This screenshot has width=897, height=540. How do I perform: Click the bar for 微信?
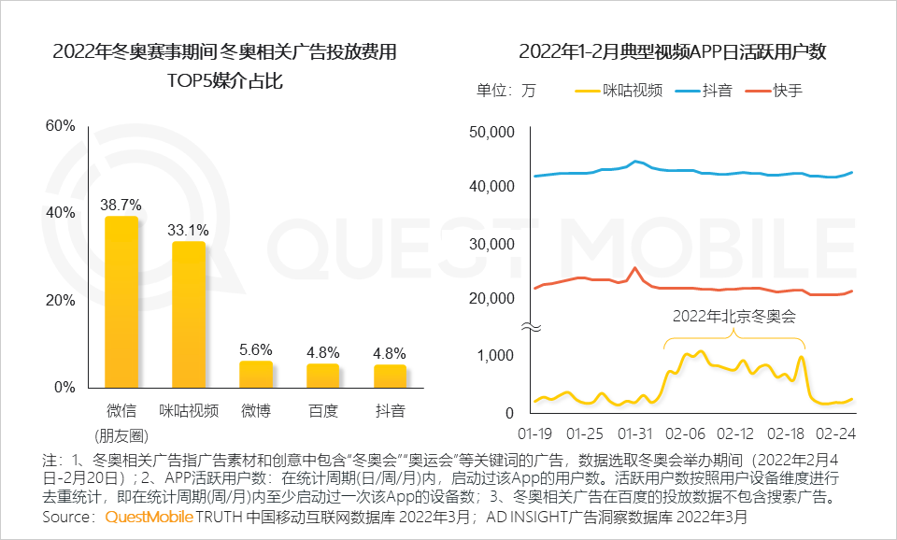tap(121, 302)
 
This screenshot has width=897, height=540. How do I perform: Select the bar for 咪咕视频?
tap(189, 314)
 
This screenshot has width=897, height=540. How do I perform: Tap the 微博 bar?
tap(256, 374)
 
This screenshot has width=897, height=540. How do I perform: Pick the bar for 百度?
tap(323, 376)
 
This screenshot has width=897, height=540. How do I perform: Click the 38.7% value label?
tap(121, 203)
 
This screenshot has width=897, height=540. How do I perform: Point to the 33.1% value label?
tap(189, 228)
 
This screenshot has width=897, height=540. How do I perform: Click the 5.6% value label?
tap(256, 348)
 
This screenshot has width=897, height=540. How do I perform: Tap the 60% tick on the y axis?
tap(61, 126)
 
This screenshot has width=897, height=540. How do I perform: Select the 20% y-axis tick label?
tap(61, 300)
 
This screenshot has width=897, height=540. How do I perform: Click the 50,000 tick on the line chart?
tap(490, 132)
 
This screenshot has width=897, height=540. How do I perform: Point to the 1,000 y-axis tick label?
tap(495, 355)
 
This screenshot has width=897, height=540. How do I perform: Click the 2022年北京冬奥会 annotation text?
tap(733, 316)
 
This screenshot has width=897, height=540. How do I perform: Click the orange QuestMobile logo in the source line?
tap(149, 516)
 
